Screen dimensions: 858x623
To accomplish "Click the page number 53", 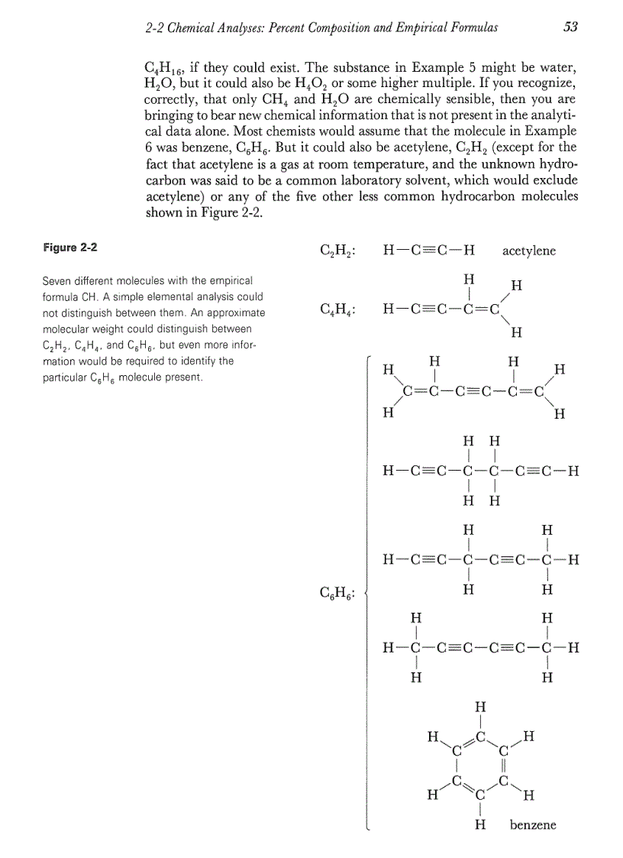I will [570, 28].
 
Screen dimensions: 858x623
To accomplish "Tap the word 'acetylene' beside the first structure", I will [529, 251].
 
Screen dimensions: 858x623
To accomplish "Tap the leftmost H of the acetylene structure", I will [389, 251].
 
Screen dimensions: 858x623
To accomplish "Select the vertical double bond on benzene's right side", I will [503, 766].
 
